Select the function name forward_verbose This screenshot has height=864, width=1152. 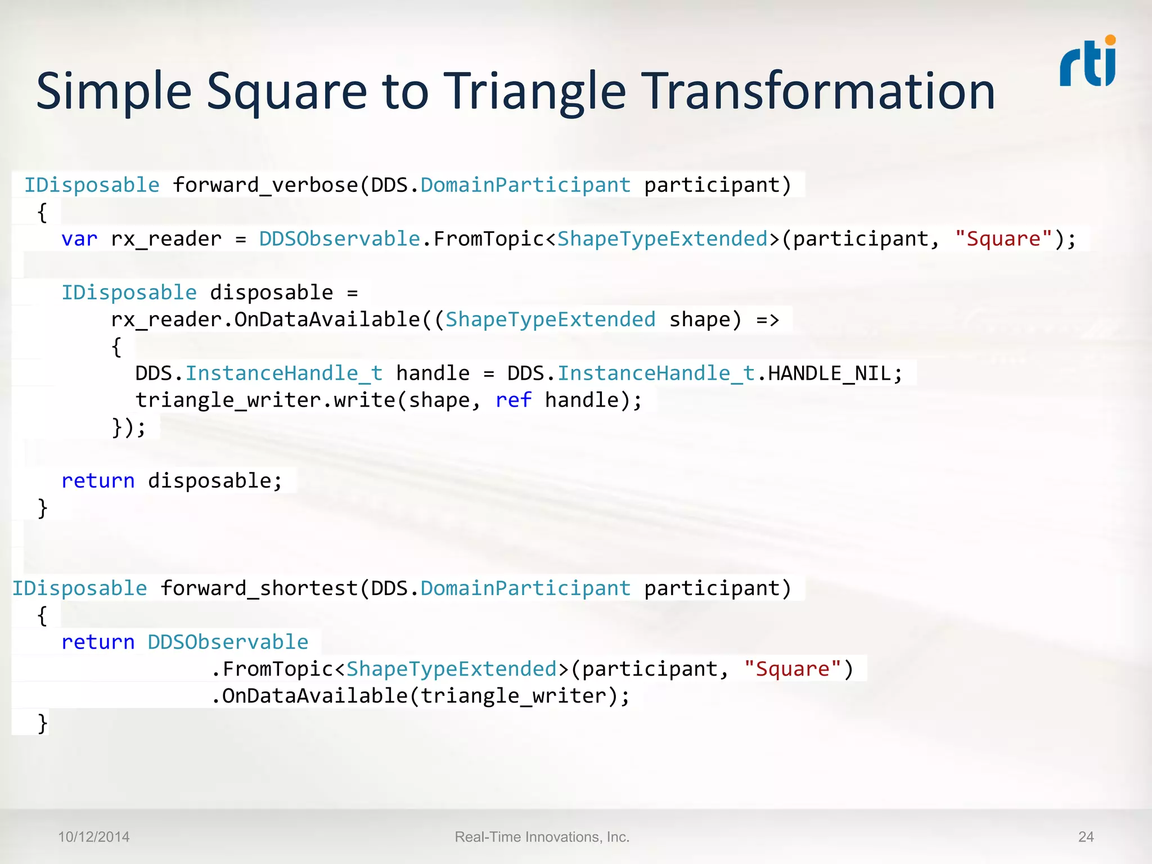(265, 185)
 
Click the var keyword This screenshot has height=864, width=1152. (79, 239)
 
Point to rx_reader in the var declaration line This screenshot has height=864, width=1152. (166, 239)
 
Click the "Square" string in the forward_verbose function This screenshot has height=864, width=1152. (1003, 239)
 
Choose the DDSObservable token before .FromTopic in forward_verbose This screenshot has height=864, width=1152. (339, 239)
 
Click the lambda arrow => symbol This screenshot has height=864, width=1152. (767, 320)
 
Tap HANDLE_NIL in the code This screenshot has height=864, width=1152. (829, 373)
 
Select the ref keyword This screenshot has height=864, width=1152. (513, 400)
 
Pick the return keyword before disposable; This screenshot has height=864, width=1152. (98, 481)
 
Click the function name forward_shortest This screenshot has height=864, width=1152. (259, 588)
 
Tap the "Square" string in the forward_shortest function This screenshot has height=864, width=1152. (792, 669)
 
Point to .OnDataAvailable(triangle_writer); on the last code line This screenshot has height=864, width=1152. (420, 696)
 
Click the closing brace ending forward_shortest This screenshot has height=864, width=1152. (43, 723)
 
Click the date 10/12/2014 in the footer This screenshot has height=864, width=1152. (94, 837)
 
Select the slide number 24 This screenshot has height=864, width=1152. (1086, 837)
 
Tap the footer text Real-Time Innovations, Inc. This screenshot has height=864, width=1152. (542, 837)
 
